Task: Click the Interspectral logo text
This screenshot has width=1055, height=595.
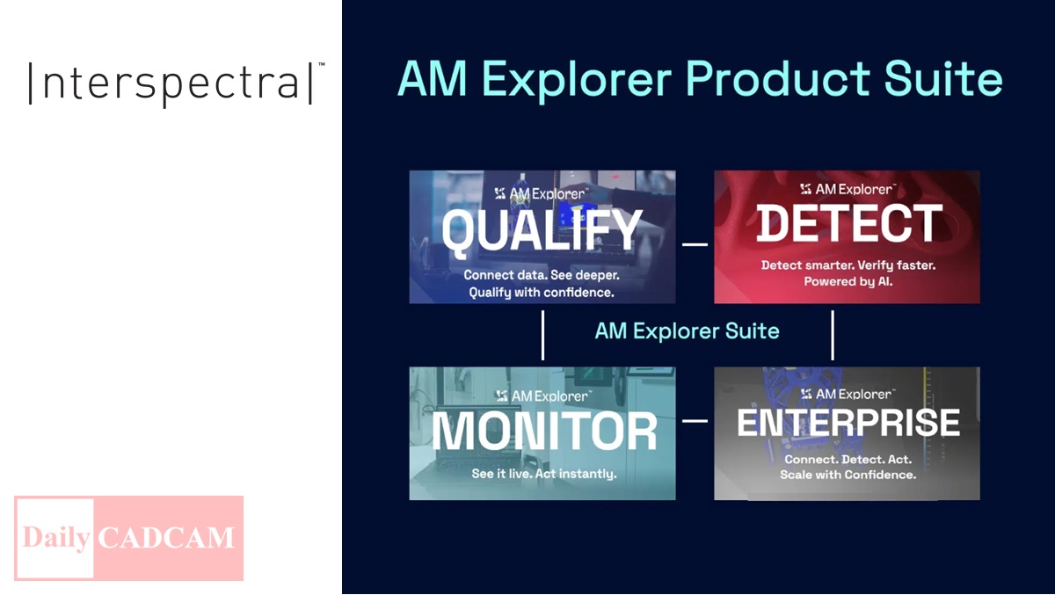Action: [171, 83]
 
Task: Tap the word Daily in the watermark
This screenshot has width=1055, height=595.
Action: [55, 537]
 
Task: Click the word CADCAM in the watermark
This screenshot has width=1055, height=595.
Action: [166, 538]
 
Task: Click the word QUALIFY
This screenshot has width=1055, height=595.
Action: [542, 230]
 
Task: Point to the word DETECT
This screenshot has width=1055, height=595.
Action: [849, 223]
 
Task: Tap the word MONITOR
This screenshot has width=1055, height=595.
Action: [544, 431]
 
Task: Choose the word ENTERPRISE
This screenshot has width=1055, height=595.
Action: [848, 422]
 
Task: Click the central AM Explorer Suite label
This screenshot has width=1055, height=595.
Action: [688, 331]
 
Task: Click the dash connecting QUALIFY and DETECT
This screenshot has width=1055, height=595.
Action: [695, 244]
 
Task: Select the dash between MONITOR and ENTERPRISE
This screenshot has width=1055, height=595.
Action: [695, 420]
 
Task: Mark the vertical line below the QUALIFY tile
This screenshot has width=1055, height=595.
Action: [543, 335]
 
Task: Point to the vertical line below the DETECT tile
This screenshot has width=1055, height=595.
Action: [833, 335]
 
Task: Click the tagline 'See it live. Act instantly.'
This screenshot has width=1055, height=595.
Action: [544, 474]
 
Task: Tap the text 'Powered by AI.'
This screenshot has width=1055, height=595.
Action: [848, 281]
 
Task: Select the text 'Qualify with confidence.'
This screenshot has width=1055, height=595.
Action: [542, 293]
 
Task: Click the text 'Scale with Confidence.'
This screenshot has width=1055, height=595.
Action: [848, 475]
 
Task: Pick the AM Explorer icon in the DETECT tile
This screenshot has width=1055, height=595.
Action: [806, 189]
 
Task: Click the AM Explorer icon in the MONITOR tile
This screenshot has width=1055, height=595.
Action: [502, 395]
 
